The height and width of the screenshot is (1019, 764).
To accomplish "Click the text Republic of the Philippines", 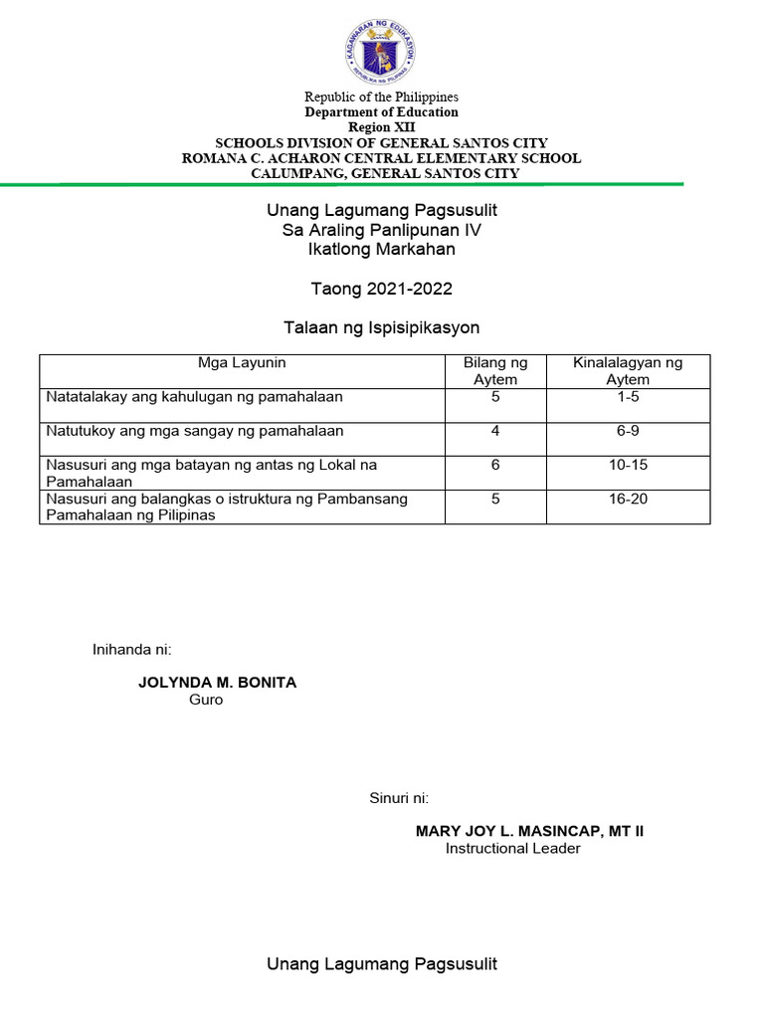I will click(381, 97).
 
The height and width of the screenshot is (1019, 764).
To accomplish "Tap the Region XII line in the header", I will click(381, 127).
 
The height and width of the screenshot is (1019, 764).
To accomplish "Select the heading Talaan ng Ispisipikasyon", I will click(381, 327).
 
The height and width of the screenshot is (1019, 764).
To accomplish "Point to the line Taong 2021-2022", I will click(381, 289).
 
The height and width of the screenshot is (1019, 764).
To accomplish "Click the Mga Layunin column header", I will click(242, 363).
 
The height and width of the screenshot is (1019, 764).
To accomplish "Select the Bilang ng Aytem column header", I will click(494, 371).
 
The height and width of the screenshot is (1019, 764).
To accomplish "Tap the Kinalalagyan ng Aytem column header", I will click(628, 371).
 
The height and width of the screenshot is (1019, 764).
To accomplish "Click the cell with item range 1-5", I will click(628, 397).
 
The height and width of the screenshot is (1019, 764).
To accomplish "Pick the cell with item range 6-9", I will click(628, 431).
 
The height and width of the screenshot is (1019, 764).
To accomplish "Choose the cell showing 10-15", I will click(628, 465).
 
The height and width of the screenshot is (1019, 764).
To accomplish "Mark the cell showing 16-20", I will click(628, 499).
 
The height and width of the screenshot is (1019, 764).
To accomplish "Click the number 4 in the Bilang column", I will click(494, 431).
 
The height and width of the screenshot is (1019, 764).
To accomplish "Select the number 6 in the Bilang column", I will click(494, 465).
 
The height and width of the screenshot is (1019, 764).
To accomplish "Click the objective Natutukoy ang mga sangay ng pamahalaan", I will click(195, 431).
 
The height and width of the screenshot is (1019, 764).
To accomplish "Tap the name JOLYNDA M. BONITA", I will click(217, 683).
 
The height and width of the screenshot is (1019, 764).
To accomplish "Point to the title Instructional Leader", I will click(512, 849).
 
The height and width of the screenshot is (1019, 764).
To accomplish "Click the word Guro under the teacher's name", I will click(206, 700).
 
